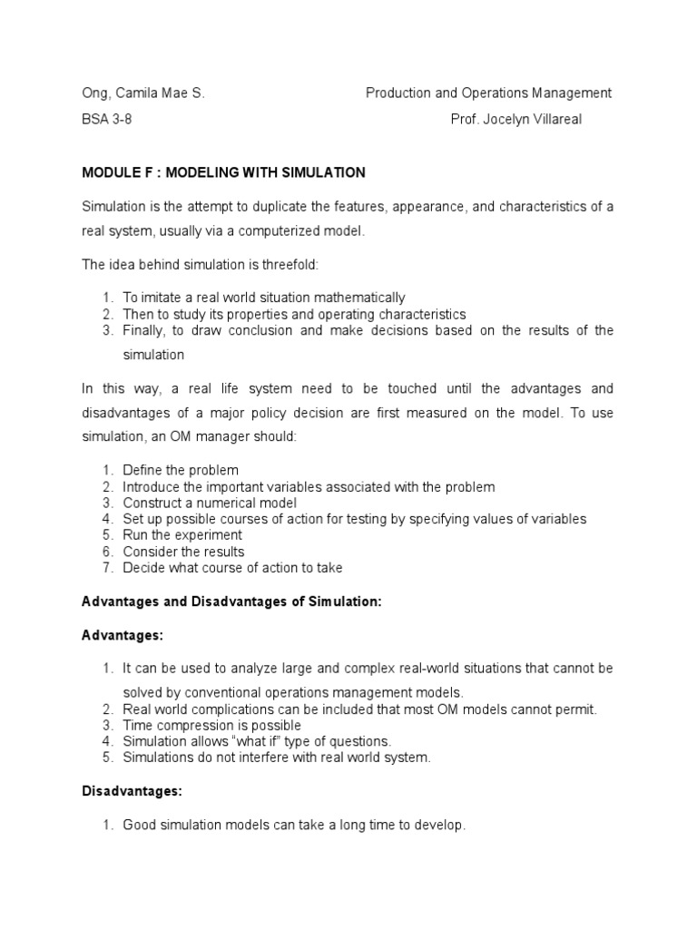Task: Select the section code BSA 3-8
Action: pyautogui.click(x=106, y=120)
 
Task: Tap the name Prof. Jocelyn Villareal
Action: pyautogui.click(x=516, y=120)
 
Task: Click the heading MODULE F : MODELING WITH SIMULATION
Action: pyautogui.click(x=223, y=172)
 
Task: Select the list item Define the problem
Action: pyautogui.click(x=181, y=470)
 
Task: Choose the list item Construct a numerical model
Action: pyautogui.click(x=210, y=503)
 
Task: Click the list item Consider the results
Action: pyautogui.click(x=183, y=552)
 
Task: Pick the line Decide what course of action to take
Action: pyautogui.click(x=232, y=568)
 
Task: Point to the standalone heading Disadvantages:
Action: pyautogui.click(x=133, y=792)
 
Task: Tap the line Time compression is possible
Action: pyautogui.click(x=211, y=726)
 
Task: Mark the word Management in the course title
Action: pyautogui.click(x=573, y=93)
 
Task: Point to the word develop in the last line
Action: pyautogui.click(x=439, y=826)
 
